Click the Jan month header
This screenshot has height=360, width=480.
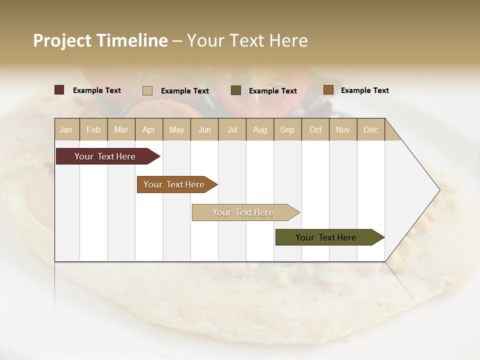click(66, 129)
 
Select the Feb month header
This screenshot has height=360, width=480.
click(93, 129)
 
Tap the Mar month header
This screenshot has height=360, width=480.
click(121, 129)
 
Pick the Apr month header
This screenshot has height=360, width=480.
click(148, 129)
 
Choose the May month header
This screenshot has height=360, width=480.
click(176, 129)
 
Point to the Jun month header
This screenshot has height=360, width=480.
click(204, 129)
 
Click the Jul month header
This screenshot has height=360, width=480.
click(232, 129)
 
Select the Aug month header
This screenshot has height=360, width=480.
click(259, 129)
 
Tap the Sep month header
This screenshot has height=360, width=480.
click(287, 129)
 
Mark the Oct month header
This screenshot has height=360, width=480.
click(315, 129)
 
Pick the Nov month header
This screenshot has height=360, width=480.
click(342, 129)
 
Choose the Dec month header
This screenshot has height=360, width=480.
click(370, 129)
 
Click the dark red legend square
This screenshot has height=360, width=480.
click(59, 90)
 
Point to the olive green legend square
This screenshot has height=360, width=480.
click(236, 90)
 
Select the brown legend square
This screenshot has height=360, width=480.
click(328, 90)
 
